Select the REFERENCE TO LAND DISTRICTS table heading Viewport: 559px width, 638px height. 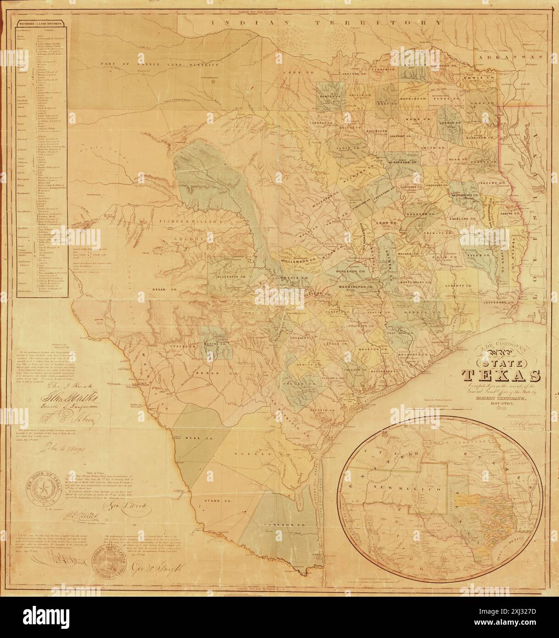click(41, 22)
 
